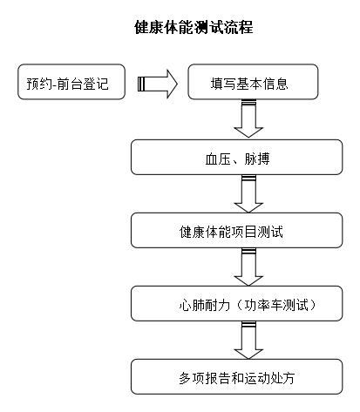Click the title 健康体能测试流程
(x=194, y=27)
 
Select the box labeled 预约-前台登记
(x=71, y=82)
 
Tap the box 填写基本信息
(x=253, y=82)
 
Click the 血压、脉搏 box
(x=236, y=157)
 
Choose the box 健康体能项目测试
(x=236, y=230)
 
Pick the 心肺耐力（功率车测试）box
(x=236, y=303)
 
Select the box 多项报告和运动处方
(x=236, y=376)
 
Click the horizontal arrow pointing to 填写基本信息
(x=157, y=84)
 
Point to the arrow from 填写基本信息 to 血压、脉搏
(x=248, y=118)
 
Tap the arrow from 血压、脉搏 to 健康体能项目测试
(x=248, y=193)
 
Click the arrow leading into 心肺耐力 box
(x=248, y=267)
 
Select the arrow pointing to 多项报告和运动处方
(x=248, y=340)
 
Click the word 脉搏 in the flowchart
(x=257, y=159)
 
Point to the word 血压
(x=218, y=159)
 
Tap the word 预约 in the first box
(x=39, y=84)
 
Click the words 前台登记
(x=83, y=84)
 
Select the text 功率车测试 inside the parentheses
(x=276, y=305)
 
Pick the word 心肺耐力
(x=205, y=305)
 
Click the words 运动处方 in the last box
(x=269, y=378)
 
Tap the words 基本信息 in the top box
(x=262, y=84)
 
